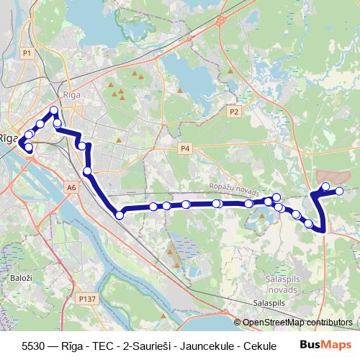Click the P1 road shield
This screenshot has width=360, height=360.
27,53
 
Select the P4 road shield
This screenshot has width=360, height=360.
185,148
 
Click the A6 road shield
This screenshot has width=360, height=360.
71,187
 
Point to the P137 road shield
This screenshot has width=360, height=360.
87,297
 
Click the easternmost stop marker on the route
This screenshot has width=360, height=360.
340,190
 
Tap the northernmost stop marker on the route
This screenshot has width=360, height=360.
53,111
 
